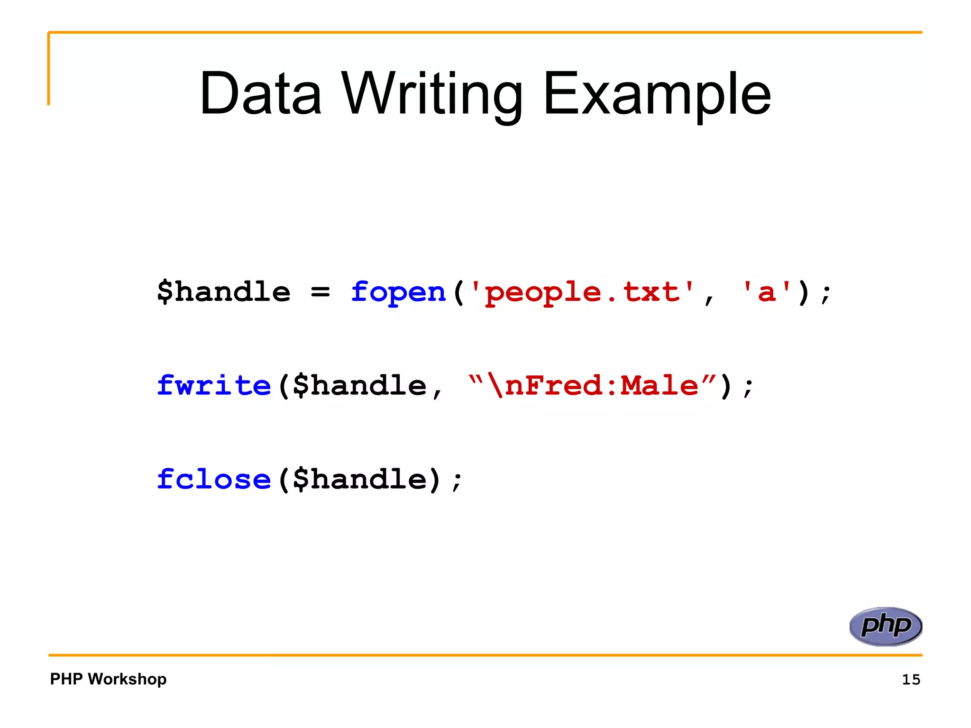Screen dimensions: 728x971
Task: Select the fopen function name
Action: pos(398,291)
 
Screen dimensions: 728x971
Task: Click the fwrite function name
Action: pos(214,385)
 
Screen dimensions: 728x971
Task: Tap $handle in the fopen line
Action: pos(224,291)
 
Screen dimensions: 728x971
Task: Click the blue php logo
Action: pos(885,626)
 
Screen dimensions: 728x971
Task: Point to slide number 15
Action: pos(911,680)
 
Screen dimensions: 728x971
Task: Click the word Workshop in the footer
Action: pos(127,679)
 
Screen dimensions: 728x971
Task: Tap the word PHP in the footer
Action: pos(66,679)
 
